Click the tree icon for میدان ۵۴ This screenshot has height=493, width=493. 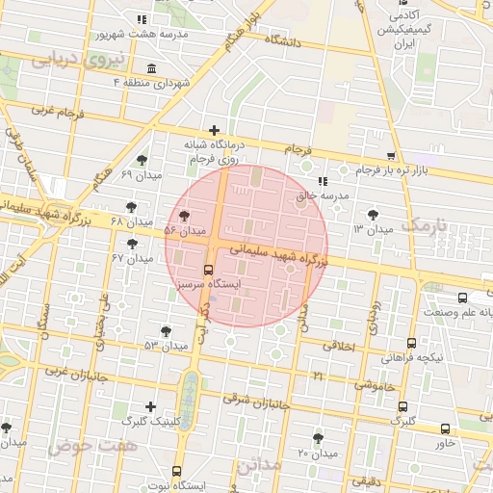coord(184,216)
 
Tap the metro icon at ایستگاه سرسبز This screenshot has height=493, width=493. coord(210,271)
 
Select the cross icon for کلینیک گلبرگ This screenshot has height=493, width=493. coord(149,406)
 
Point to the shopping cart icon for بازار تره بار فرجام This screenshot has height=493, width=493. coord(390,155)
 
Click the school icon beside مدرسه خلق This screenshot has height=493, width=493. coord(322,181)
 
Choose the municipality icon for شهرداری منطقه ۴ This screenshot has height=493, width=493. coord(151,68)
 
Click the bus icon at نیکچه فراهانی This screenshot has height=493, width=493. coord(412,343)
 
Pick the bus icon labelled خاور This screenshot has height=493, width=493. coord(445,428)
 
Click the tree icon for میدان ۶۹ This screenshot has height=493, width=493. coord(143,160)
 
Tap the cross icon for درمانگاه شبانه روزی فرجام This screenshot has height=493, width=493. coord(214,130)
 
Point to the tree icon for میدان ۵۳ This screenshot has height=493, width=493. coord(166,330)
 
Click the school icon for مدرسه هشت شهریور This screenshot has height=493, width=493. coord(142,18)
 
